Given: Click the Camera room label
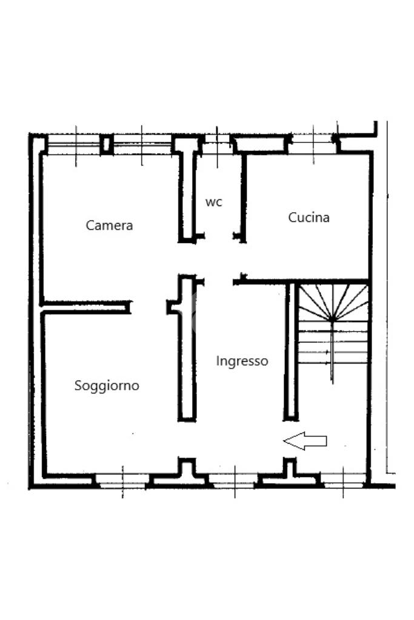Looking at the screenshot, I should pos(109,225).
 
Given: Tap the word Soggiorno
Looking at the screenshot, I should pos(107,385).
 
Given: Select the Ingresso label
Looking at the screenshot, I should pos(242,361).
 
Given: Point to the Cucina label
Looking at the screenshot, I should pos(309,217).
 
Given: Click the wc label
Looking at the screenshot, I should pos(213,202).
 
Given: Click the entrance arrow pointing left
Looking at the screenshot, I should pos(305,442).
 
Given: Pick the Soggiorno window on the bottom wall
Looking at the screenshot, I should pos(122,482).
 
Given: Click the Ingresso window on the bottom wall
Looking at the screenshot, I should pos(234,482).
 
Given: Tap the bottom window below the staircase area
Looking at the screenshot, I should pos(342,482).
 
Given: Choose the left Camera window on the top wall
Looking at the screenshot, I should pos(74,145).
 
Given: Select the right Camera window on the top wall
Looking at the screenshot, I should pos(142,145).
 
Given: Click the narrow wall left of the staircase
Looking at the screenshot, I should pos(291,352).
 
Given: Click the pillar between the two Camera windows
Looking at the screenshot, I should pos(107,145).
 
